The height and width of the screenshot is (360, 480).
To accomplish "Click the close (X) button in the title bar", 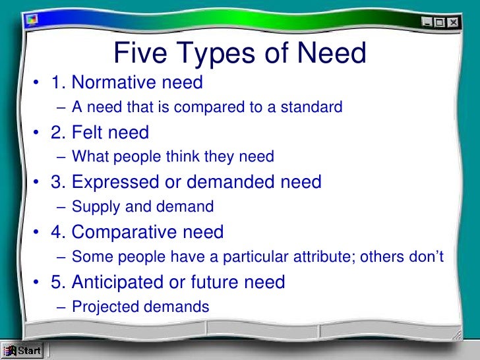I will point(453,21).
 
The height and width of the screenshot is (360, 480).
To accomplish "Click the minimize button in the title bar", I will point(428,21).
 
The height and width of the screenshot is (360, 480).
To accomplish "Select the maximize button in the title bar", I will point(440,21).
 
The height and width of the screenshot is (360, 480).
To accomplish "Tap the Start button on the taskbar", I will point(22,351).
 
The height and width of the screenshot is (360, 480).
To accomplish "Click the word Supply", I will point(92,207).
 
